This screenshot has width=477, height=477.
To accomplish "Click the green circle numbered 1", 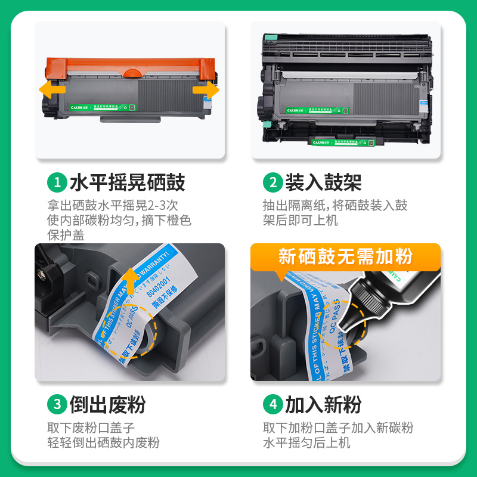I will tap(57, 182).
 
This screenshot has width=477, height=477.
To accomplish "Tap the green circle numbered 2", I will tap(272, 182).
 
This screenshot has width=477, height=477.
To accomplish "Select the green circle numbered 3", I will tap(57, 405).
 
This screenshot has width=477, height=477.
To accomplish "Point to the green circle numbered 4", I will tap(272, 405).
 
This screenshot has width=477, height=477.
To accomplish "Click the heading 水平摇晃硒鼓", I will tap(127, 182).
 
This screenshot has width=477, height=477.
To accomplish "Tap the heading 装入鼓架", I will tap(323, 182).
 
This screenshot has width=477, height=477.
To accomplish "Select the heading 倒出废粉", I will tap(108, 405).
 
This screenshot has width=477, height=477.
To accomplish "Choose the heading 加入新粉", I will tap(323, 405).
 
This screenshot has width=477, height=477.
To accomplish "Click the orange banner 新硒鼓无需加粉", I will tap(345, 256).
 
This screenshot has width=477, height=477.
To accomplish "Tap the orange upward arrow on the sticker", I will tap(129, 285).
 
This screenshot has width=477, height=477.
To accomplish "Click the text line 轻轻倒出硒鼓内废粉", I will tap(104, 442).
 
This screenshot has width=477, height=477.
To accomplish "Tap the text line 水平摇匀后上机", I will tap(306, 442).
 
